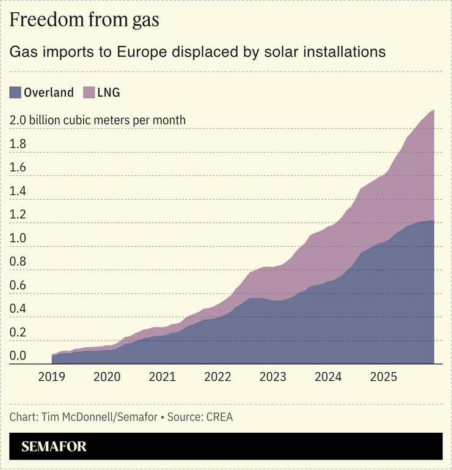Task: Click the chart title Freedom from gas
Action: pos(84,20)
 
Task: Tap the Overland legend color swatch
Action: pos(15,93)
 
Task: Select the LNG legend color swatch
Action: pos(89,93)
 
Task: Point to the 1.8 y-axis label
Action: pos(18,144)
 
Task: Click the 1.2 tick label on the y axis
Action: pos(18,215)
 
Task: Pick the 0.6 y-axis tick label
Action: pos(18,285)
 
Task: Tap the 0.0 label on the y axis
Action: pos(18,356)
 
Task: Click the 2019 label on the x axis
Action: pos(51,376)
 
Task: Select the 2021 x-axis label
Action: pos(162,376)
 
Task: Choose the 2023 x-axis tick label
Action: pos(272,376)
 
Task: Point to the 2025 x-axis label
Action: pos(383,376)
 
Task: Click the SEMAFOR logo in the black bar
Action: pos(54,447)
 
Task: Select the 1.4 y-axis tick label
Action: pos(18,191)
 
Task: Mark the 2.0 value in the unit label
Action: pos(18,120)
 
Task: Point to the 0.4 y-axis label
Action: pos(18,309)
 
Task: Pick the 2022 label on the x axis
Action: pos(217,376)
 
